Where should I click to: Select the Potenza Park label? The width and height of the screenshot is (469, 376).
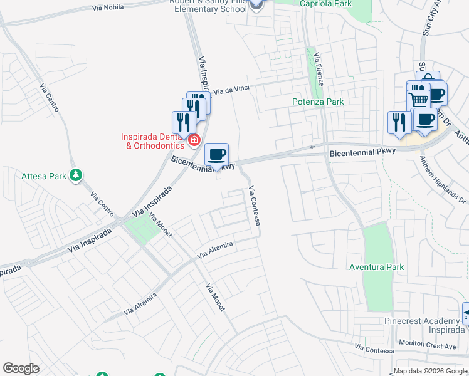(x=318, y=102)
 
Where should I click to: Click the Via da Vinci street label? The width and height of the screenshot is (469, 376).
(x=231, y=90)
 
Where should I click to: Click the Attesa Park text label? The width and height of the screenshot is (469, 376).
(x=44, y=177)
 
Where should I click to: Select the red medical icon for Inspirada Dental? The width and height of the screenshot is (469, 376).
(x=194, y=140)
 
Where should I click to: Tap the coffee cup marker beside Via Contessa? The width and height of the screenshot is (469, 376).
(x=217, y=155)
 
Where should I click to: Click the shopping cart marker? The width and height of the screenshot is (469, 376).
(x=418, y=99)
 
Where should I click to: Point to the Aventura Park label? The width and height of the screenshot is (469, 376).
(x=376, y=267)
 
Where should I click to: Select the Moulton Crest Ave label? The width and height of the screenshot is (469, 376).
(x=428, y=345)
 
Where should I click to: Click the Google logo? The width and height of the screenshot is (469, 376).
(x=21, y=368)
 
